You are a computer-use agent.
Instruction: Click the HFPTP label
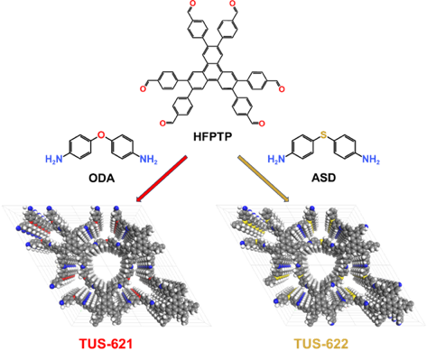pos(212,137)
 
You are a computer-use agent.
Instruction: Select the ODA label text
pos(102,178)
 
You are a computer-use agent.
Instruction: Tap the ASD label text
pos(323,178)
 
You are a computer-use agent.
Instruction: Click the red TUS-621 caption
pos(106,344)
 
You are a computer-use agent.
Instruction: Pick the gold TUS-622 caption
pos(321,344)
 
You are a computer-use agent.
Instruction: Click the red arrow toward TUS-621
pos(162,178)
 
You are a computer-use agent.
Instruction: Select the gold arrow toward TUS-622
pos(264,178)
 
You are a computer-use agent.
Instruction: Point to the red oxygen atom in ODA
pos(101,135)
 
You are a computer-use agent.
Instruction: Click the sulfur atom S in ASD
pos(323,135)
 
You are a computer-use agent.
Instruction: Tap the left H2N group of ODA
pos(54,159)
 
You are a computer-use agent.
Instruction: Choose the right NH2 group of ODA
pos(148,159)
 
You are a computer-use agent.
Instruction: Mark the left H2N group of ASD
pos(276,159)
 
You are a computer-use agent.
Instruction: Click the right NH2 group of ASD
pos(371,159)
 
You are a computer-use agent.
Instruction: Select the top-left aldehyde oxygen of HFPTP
pos(192,4)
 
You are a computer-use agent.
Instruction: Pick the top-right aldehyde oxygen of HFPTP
pos(233,4)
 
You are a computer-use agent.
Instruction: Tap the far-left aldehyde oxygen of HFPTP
pos(143,88)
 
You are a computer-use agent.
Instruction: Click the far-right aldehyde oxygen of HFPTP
pos(282,89)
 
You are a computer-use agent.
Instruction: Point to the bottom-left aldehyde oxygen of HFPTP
pos(162,123)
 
